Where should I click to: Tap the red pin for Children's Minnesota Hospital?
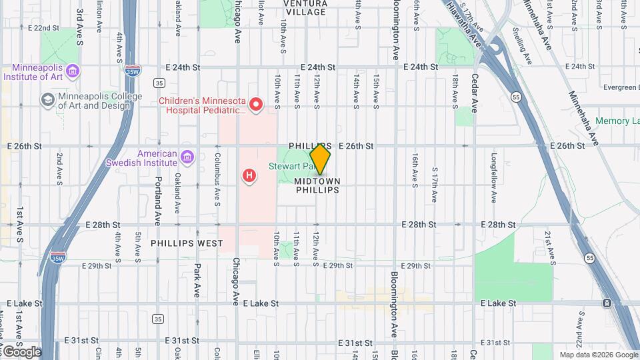pyautogui.click(x=255, y=104)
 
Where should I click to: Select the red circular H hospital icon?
pyautogui.click(x=249, y=176)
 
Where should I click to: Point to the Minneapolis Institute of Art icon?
pyautogui.click(x=73, y=71)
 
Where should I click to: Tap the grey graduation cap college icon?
pyautogui.click(x=47, y=100)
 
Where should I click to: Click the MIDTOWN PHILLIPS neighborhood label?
pyautogui.click(x=317, y=185)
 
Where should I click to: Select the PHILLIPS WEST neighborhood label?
pyautogui.click(x=187, y=243)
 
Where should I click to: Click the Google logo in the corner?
pyautogui.click(x=21, y=351)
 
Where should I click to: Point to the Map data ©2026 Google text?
pyautogui.click(x=599, y=355)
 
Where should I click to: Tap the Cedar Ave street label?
pyautogui.click(x=475, y=95)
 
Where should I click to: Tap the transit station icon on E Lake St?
pyautogui.click(x=607, y=303)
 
